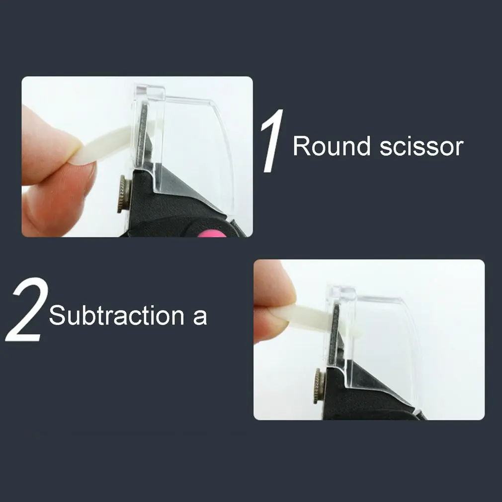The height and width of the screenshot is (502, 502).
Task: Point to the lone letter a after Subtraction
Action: pyautogui.click(x=199, y=318)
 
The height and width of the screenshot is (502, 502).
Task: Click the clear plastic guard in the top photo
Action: pyautogui.click(x=199, y=134)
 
